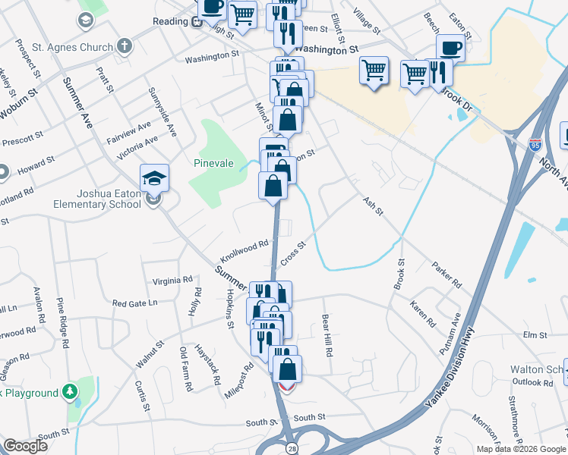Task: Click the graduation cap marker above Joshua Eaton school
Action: (154, 178)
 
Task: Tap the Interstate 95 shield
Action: (536, 143)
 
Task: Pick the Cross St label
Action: (292, 253)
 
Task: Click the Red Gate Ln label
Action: (134, 303)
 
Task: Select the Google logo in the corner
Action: (25, 446)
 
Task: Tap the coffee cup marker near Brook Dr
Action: (450, 49)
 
